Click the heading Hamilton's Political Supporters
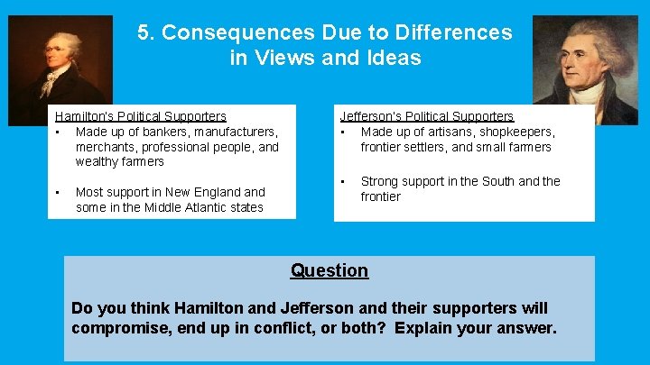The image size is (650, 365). click(141, 116)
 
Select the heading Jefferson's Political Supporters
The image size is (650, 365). click(426, 116)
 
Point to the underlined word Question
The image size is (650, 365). click(329, 270)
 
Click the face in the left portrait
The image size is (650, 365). click(56, 45)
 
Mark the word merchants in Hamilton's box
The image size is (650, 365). click(105, 147)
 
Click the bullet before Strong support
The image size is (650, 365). click(344, 181)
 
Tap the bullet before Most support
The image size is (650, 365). click(58, 192)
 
